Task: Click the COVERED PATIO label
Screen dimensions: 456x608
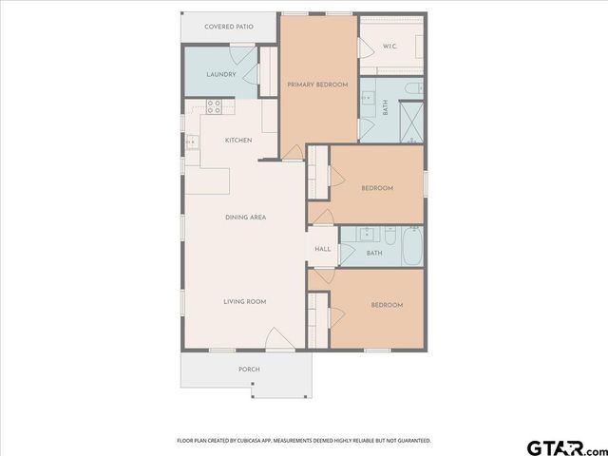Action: [229, 27]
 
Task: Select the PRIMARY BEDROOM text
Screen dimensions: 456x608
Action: [318, 85]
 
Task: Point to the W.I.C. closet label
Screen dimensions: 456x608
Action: [389, 46]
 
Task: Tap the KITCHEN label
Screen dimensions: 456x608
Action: [237, 141]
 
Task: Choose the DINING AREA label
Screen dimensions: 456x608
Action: [245, 218]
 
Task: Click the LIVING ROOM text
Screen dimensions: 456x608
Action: [244, 301]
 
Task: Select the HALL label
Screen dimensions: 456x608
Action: [323, 250]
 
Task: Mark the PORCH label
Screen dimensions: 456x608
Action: [249, 369]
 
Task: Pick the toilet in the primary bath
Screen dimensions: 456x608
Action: [411, 88]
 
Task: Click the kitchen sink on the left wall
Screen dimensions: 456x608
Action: [193, 143]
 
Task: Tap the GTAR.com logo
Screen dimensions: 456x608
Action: [564, 446]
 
